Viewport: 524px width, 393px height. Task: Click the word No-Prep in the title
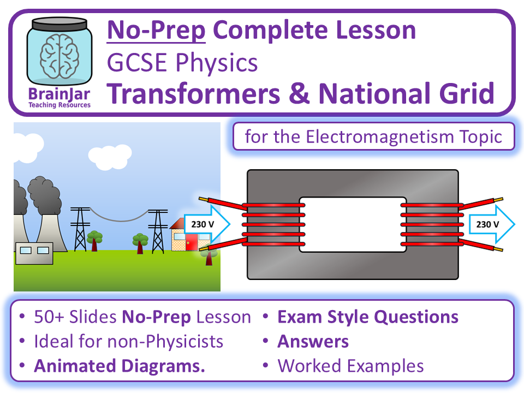point(156,31)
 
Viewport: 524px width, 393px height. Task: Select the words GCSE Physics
point(182,63)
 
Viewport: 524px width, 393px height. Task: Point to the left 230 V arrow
point(206,224)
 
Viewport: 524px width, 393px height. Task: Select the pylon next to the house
point(158,229)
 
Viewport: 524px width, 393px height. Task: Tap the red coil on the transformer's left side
point(271,224)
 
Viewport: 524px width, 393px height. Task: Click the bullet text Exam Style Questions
point(368,317)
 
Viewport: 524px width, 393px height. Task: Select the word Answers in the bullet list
point(313,342)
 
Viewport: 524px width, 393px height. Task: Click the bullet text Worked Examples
point(350,366)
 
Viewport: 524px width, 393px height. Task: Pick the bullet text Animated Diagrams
point(120,366)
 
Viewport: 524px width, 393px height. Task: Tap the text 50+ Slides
point(75,317)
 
